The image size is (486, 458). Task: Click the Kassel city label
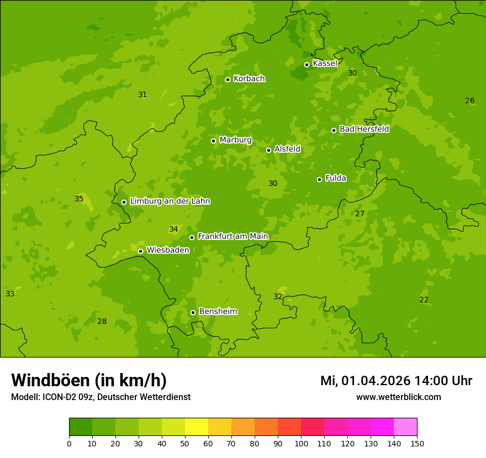tap(325, 63)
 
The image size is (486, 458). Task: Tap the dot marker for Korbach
tap(228, 79)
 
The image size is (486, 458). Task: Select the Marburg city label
tap(235, 140)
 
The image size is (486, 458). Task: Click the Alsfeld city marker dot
tap(268, 150)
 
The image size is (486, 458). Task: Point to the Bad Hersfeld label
tap(364, 129)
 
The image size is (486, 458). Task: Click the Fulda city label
tap(336, 178)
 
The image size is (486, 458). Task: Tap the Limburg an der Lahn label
tap(170, 201)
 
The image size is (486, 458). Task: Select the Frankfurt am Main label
tap(233, 237)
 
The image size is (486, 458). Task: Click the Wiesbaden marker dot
tap(140, 251)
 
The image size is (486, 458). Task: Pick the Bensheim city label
tap(218, 312)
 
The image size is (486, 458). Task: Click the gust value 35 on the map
tap(79, 199)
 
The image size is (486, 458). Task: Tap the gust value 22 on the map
tap(424, 300)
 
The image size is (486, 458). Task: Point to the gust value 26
tap(469, 100)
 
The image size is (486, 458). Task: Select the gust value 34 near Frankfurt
tap(173, 229)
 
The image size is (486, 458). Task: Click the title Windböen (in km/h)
tap(89, 380)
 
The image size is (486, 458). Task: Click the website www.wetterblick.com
tap(398, 397)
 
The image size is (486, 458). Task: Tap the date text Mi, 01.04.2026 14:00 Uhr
tap(396, 381)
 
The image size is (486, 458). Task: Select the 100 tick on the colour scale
tap(301, 443)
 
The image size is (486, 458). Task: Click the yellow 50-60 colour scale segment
tap(197, 427)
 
